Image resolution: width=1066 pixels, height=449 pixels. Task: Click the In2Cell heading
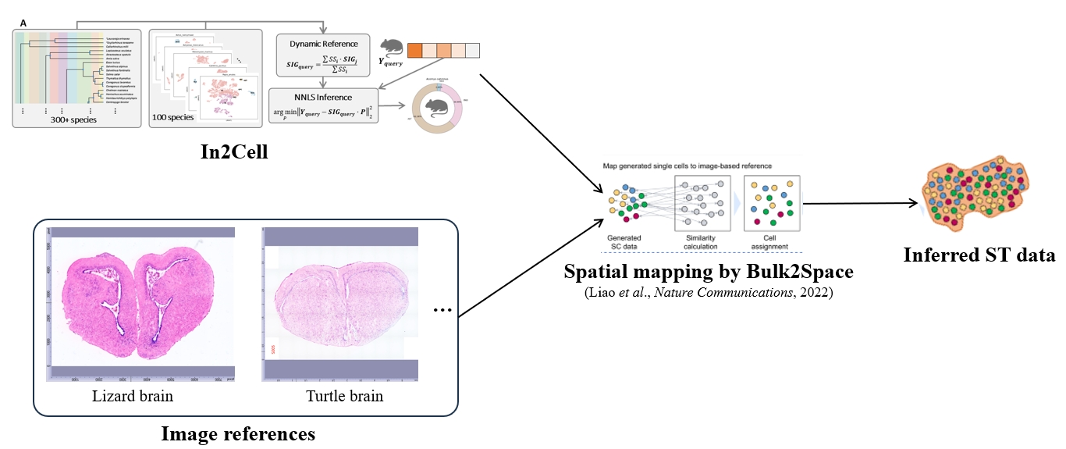pyautogui.click(x=234, y=151)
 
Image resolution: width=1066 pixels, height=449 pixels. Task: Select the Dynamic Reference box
pyautogui.click(x=324, y=55)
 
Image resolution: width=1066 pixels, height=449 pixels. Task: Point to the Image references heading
pyautogui.click(x=238, y=433)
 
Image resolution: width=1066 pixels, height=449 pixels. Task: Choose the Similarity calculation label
pyautogui.click(x=701, y=243)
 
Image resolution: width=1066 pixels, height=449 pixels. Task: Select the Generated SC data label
pyautogui.click(x=624, y=243)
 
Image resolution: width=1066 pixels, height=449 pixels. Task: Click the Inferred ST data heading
pyautogui.click(x=979, y=255)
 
